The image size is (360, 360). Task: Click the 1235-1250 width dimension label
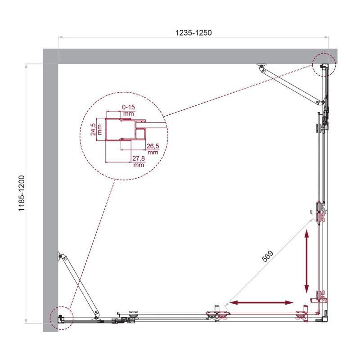pos(193,32)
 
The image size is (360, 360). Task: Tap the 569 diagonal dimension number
pos(267,256)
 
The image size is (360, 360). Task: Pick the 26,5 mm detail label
pos(153,149)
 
